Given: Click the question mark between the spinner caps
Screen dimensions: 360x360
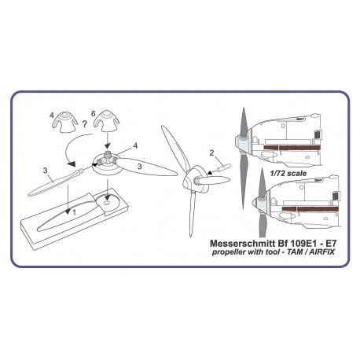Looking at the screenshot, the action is pyautogui.click(x=84, y=124).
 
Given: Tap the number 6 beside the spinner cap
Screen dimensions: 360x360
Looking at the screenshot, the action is pyautogui.click(x=93, y=114).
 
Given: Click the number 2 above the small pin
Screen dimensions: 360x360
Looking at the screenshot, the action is pyautogui.click(x=211, y=153).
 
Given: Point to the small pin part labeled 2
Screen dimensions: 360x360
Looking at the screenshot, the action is pyautogui.click(x=224, y=167).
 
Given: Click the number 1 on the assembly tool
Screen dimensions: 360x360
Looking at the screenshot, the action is pyautogui.click(x=74, y=212).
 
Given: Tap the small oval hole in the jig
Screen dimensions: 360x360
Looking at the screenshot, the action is pyautogui.click(x=107, y=203).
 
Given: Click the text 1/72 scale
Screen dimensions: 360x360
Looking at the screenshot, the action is pyautogui.click(x=288, y=173).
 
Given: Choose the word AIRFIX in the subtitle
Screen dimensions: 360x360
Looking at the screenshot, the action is pyautogui.click(x=323, y=252).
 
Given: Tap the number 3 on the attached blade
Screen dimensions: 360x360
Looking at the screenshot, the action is pyautogui.click(x=140, y=166).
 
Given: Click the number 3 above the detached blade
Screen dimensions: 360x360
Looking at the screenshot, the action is pyautogui.click(x=46, y=171).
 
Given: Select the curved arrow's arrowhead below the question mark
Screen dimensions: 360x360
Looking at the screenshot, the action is pyautogui.click(x=72, y=164).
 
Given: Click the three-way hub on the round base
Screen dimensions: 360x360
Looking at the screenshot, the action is pyautogui.click(x=107, y=159).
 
